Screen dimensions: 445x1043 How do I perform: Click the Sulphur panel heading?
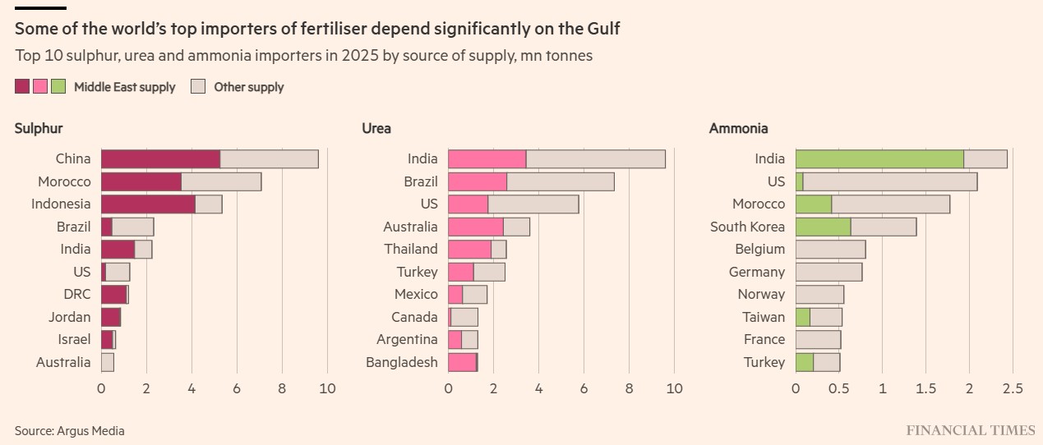click(x=39, y=128)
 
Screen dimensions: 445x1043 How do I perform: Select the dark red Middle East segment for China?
click(x=160, y=159)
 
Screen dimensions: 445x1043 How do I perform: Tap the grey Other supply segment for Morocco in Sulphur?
click(x=221, y=181)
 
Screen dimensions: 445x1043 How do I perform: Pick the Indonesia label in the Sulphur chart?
click(x=61, y=204)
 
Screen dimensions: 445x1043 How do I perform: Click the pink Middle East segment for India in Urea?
click(x=487, y=159)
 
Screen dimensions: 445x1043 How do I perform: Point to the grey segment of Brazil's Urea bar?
click(x=561, y=181)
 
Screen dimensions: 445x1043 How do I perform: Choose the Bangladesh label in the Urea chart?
click(x=402, y=362)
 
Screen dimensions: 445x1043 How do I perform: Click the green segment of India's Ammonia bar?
click(x=879, y=159)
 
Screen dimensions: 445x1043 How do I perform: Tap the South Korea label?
click(x=747, y=227)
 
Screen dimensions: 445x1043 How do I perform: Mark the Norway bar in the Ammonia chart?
click(x=819, y=294)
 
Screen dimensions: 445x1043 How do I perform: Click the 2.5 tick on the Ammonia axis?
click(x=1013, y=388)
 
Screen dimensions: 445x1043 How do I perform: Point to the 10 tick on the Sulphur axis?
click(x=327, y=388)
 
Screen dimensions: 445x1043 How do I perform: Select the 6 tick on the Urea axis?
click(x=584, y=388)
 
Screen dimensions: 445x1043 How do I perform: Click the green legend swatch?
click(x=58, y=86)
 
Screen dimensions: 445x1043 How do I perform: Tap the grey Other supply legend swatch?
click(x=198, y=86)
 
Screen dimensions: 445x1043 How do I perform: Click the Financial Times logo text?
click(x=971, y=430)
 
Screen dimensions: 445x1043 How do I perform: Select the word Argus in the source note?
click(x=72, y=430)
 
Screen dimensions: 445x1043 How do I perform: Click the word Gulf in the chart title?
click(x=602, y=29)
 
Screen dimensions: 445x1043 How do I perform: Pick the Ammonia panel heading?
click(x=738, y=128)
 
